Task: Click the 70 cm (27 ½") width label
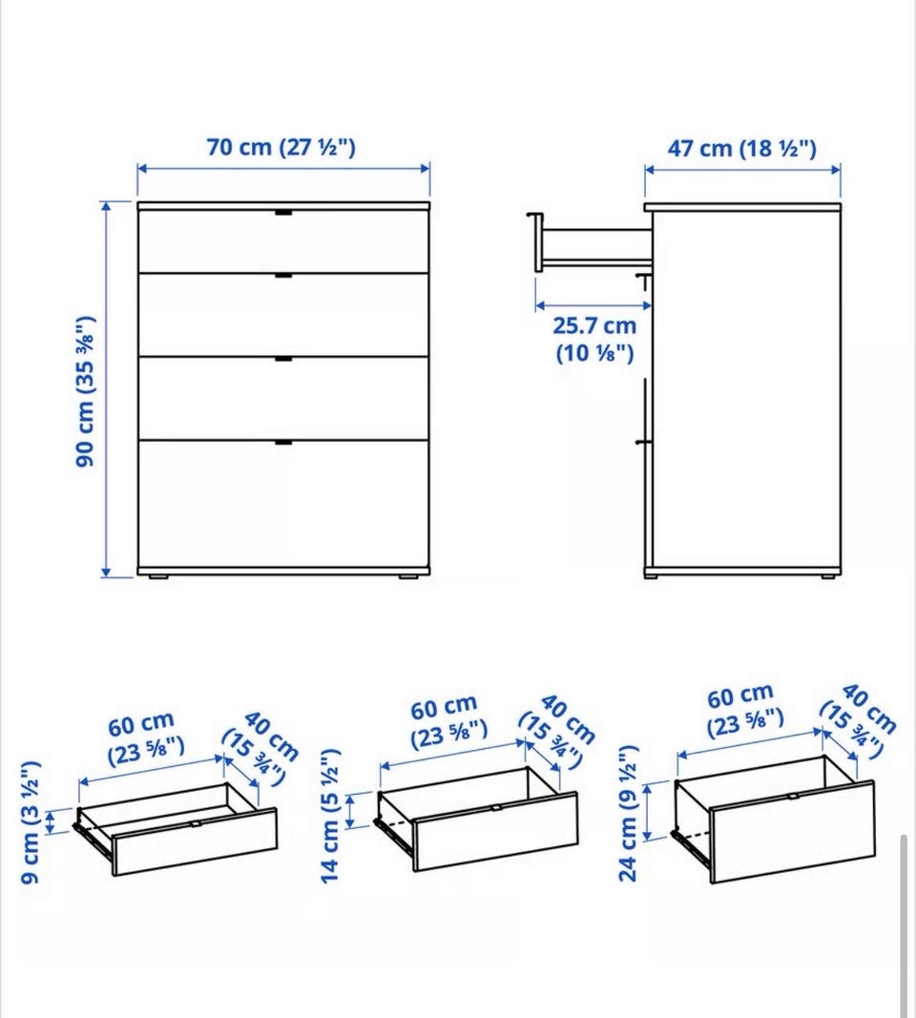point(281,147)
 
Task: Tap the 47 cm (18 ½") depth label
point(742,149)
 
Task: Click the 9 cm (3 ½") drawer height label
point(31,821)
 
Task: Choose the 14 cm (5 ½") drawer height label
point(330,816)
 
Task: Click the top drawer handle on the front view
point(283,213)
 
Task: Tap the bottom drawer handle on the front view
point(283,443)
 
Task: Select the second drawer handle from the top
point(283,276)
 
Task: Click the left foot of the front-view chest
point(158,576)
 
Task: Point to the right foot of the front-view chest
point(407,576)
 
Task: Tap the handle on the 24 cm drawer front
point(792,797)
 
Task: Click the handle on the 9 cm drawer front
point(195,823)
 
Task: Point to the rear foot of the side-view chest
point(828,576)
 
